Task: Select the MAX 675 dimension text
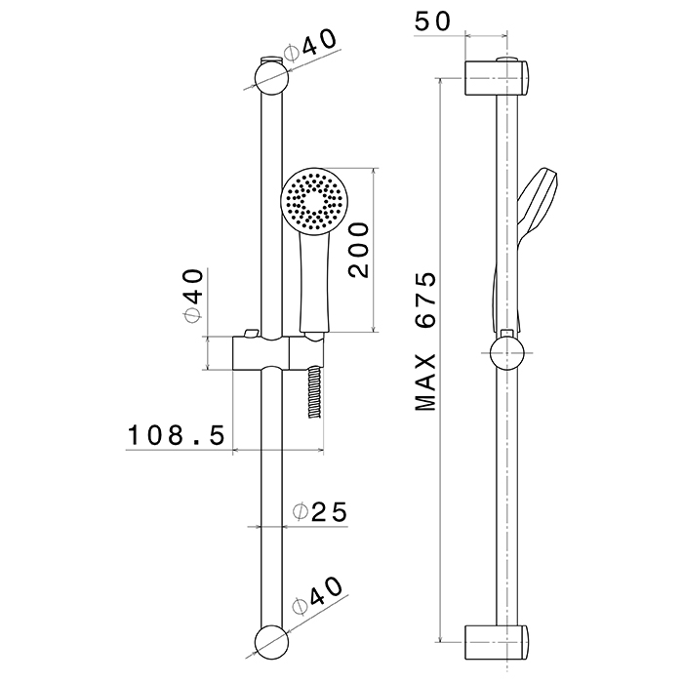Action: [x=424, y=341]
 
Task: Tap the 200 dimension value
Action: [x=357, y=250]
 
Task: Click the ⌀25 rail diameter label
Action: [x=320, y=511]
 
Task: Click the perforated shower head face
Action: [x=312, y=202]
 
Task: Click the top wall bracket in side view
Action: [x=498, y=77]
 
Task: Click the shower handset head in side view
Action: [x=540, y=200]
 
